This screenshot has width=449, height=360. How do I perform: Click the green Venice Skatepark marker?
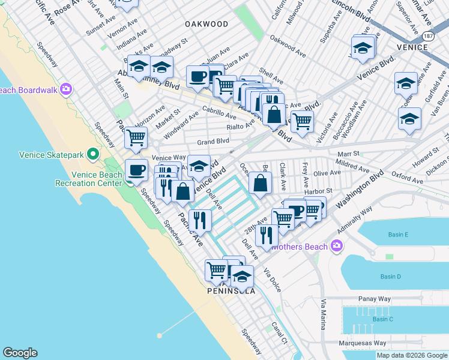92,155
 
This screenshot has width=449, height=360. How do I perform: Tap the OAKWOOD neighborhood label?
206,24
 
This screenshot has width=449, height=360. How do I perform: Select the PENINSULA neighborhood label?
231,291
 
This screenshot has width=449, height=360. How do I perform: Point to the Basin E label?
398,235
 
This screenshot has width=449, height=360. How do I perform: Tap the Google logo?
20,353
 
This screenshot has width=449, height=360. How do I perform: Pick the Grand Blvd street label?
213,142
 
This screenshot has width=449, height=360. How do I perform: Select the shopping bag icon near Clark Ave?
260,184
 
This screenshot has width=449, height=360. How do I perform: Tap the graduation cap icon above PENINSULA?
243,277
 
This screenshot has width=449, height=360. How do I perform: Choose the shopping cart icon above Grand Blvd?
136,137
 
